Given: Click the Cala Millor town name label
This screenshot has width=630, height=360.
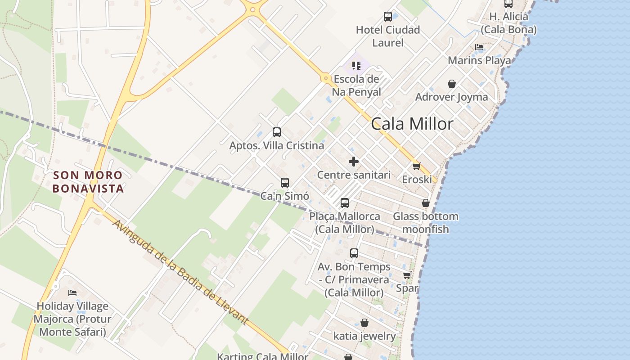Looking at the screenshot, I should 412,124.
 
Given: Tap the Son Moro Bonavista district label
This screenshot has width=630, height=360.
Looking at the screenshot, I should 88,182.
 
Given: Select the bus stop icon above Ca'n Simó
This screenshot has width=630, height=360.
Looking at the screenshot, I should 285,182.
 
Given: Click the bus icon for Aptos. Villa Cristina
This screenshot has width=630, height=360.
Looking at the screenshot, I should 277,132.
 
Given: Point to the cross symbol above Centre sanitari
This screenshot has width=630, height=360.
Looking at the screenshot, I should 354,161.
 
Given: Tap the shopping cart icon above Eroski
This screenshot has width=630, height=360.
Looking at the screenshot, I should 417,166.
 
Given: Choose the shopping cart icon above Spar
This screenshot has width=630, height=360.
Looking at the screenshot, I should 407,275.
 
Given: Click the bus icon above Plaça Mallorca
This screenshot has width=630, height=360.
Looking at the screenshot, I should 345,203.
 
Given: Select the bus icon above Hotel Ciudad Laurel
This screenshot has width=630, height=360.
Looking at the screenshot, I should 388,17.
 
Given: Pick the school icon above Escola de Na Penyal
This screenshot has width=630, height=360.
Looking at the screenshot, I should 356,66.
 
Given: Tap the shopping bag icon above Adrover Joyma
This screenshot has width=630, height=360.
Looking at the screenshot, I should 452,84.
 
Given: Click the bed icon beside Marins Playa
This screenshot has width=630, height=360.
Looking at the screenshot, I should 479,47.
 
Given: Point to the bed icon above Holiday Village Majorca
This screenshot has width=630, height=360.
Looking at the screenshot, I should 72,293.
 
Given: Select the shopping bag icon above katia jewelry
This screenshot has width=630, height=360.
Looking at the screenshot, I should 364,323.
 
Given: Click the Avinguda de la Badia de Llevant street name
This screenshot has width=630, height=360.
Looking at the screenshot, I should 180,273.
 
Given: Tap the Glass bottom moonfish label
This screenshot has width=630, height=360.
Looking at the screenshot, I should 426,223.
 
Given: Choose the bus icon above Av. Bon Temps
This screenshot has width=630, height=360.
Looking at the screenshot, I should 354,253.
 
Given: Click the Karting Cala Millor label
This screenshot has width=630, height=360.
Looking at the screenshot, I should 262,356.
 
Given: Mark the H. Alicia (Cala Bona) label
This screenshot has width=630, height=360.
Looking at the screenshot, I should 508,23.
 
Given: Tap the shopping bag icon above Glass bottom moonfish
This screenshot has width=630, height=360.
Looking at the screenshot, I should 426,203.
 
